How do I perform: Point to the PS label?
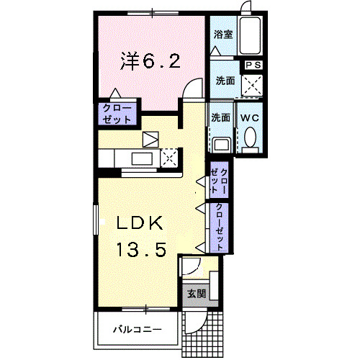click(253, 66)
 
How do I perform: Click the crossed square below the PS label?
click(253, 86)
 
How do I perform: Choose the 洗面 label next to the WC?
click(220, 117)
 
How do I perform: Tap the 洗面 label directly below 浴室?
click(225, 81)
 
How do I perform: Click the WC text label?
click(250, 117)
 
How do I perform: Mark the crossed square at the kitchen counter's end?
click(170, 156)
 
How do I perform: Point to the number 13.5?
click(142, 250)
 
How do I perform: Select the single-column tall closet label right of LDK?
click(217, 226)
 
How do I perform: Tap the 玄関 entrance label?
click(196, 293)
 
